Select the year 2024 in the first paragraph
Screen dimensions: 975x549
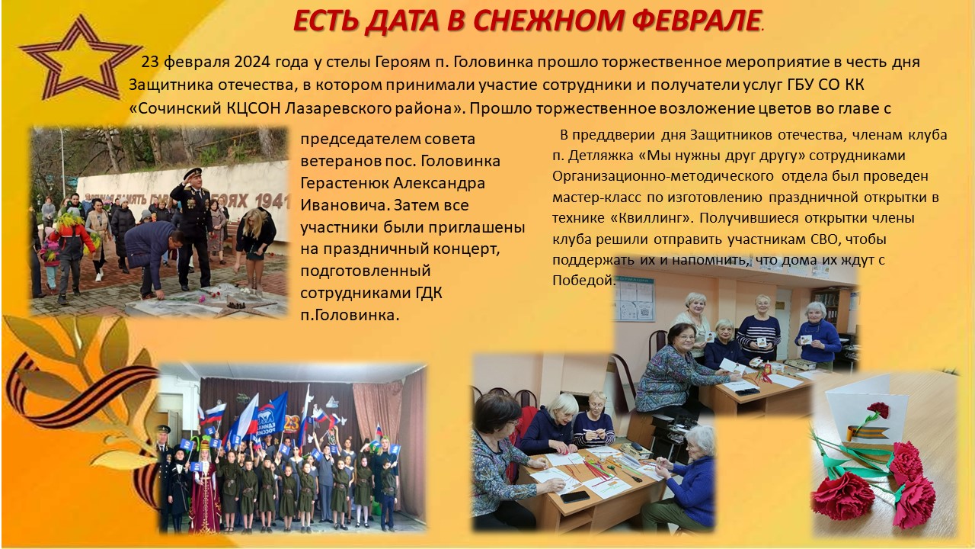pyautogui.click(x=252, y=62)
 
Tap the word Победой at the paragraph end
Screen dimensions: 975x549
pyautogui.click(x=583, y=281)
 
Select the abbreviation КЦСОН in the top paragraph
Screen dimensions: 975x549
pyautogui.click(x=254, y=108)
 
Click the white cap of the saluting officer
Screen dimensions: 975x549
pyautogui.click(x=193, y=172)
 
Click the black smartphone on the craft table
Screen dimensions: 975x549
pyautogui.click(x=575, y=496)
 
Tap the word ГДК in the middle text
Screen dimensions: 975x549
pyautogui.click(x=427, y=293)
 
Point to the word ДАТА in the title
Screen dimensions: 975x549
pyautogui.click(x=401, y=21)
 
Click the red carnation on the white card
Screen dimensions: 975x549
pyautogui.click(x=878, y=409)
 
